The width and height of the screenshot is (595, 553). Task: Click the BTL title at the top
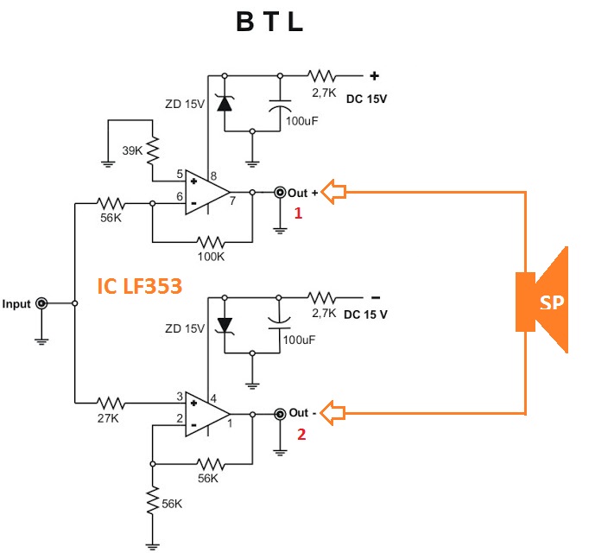(x=270, y=23)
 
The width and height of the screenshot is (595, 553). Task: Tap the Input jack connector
(x=41, y=304)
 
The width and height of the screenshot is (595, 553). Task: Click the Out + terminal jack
(x=280, y=193)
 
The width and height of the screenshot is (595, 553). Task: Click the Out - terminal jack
(x=280, y=414)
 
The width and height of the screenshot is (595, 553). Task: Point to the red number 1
(x=298, y=213)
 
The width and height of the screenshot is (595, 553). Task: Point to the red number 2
(x=301, y=435)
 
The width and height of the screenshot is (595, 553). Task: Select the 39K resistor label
(x=133, y=150)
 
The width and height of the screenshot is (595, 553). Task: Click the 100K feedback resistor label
(x=210, y=257)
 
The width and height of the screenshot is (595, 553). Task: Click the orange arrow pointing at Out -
(x=333, y=414)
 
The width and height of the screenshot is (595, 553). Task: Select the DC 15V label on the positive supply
(x=366, y=99)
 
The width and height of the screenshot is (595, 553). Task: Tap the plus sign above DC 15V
(x=374, y=74)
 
